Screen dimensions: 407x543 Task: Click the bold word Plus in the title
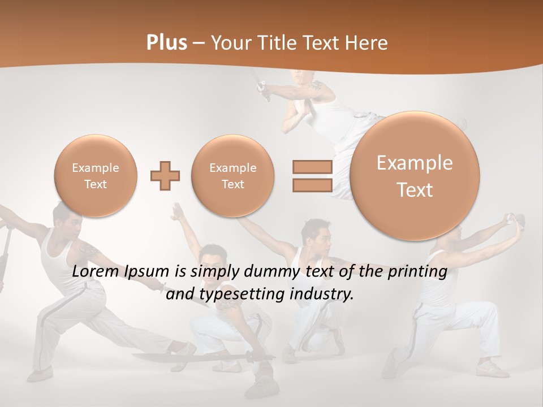(166, 43)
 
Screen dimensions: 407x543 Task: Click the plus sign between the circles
(165, 176)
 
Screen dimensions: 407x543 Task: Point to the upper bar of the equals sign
(312, 167)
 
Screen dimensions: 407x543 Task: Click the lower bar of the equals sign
(312, 185)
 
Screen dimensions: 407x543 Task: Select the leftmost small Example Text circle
(95, 176)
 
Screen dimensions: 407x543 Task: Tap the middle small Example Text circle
(232, 176)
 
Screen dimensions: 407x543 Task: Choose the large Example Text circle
(415, 176)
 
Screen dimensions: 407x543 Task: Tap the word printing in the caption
(417, 272)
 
